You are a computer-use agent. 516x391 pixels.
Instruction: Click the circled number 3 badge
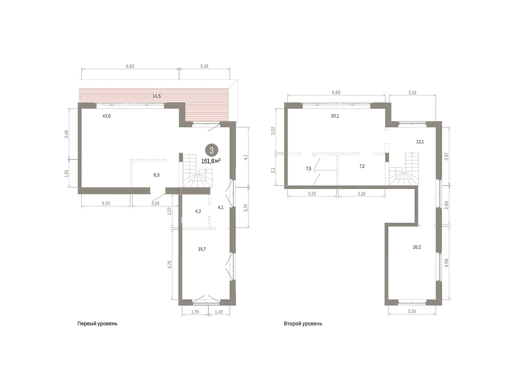click(x=211, y=150)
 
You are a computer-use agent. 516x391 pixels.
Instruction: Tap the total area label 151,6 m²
click(x=211, y=161)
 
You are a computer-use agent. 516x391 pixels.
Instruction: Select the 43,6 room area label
click(x=107, y=116)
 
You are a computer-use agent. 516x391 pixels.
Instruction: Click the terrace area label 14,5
click(x=157, y=96)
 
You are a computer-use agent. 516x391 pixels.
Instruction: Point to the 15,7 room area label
click(x=202, y=249)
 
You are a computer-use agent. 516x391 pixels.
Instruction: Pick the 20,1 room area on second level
click(x=335, y=116)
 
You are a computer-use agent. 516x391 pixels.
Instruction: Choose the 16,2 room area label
click(x=417, y=247)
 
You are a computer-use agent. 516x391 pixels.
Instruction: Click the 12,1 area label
click(x=420, y=142)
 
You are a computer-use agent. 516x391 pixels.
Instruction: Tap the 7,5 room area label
click(x=308, y=169)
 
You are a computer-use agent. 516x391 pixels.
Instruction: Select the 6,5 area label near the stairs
click(x=157, y=175)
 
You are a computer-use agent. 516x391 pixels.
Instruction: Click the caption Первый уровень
click(x=97, y=323)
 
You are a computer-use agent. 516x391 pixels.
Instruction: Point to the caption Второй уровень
click(x=303, y=323)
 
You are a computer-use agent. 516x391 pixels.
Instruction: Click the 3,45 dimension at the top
click(x=204, y=66)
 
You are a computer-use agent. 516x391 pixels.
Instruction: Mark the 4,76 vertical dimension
click(x=169, y=265)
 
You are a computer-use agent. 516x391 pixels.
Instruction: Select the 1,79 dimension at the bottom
click(x=195, y=312)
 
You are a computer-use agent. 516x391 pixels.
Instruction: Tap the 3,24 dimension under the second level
click(x=412, y=311)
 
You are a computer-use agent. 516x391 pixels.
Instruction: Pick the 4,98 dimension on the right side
click(x=446, y=263)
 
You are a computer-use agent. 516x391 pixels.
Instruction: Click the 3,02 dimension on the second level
click(x=273, y=131)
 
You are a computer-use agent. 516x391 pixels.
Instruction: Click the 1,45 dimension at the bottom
click(x=218, y=312)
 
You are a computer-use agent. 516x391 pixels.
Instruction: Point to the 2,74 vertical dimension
click(x=246, y=208)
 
